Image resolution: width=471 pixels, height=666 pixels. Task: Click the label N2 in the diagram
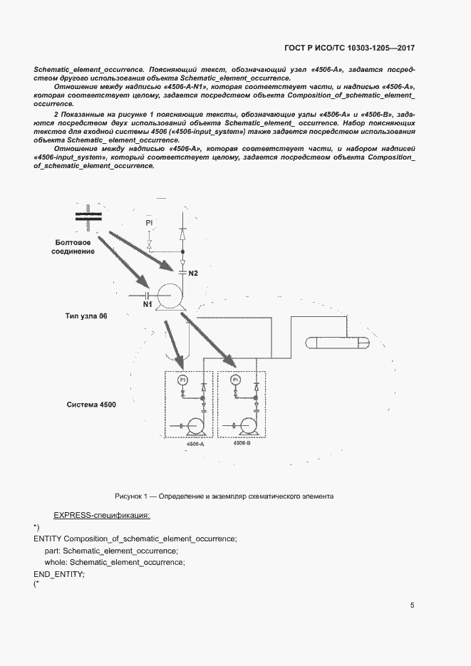(x=192, y=274)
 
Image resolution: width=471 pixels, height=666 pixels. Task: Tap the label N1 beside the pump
(x=147, y=305)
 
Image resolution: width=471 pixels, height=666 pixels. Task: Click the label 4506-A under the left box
(x=195, y=444)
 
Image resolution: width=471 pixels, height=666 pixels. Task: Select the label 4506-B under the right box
(x=242, y=442)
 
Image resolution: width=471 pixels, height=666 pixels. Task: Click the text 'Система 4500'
(x=91, y=405)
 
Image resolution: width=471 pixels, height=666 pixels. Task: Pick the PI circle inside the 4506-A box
(x=181, y=380)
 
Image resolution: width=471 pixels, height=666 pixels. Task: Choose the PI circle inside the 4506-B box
(x=234, y=380)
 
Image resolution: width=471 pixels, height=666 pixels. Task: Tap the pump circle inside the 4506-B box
(x=248, y=425)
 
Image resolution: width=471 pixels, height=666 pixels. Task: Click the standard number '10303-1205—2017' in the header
(x=380, y=48)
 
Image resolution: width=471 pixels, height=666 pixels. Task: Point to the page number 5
(x=413, y=605)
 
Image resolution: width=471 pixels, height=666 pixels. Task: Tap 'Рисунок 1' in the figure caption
(x=131, y=496)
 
